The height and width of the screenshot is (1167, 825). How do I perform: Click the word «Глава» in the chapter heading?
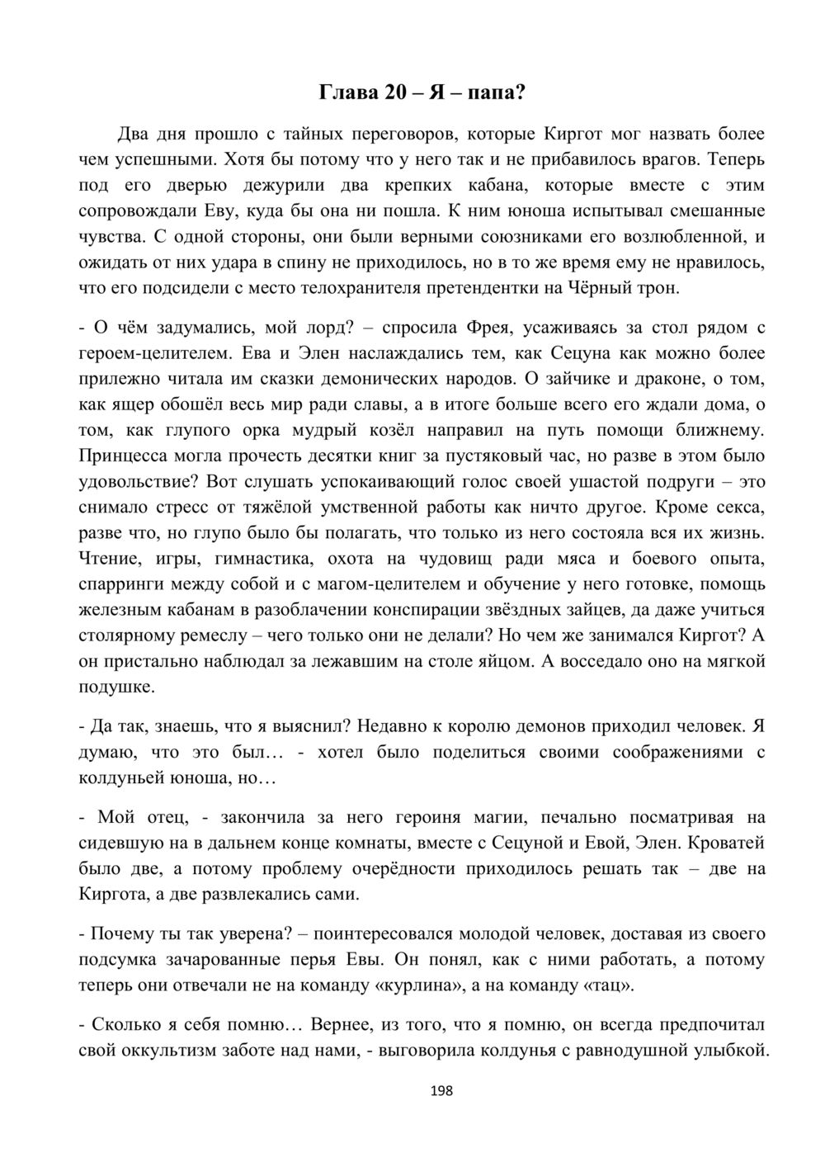(347, 92)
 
